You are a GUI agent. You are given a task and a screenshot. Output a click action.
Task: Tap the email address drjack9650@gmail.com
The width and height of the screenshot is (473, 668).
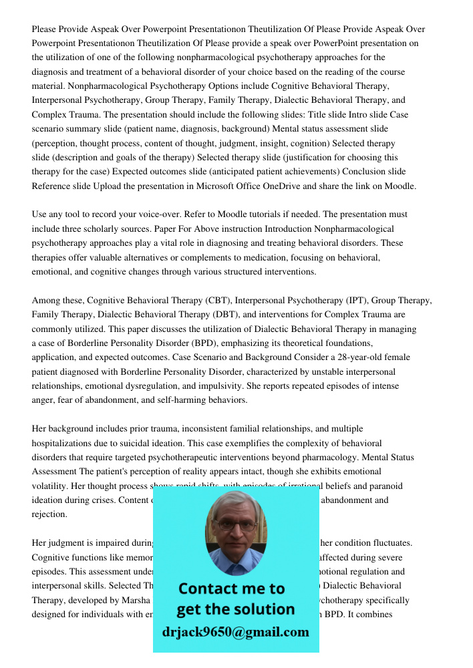point(235,632)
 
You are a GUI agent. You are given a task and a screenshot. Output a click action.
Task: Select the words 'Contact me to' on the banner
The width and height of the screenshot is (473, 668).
point(232,589)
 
